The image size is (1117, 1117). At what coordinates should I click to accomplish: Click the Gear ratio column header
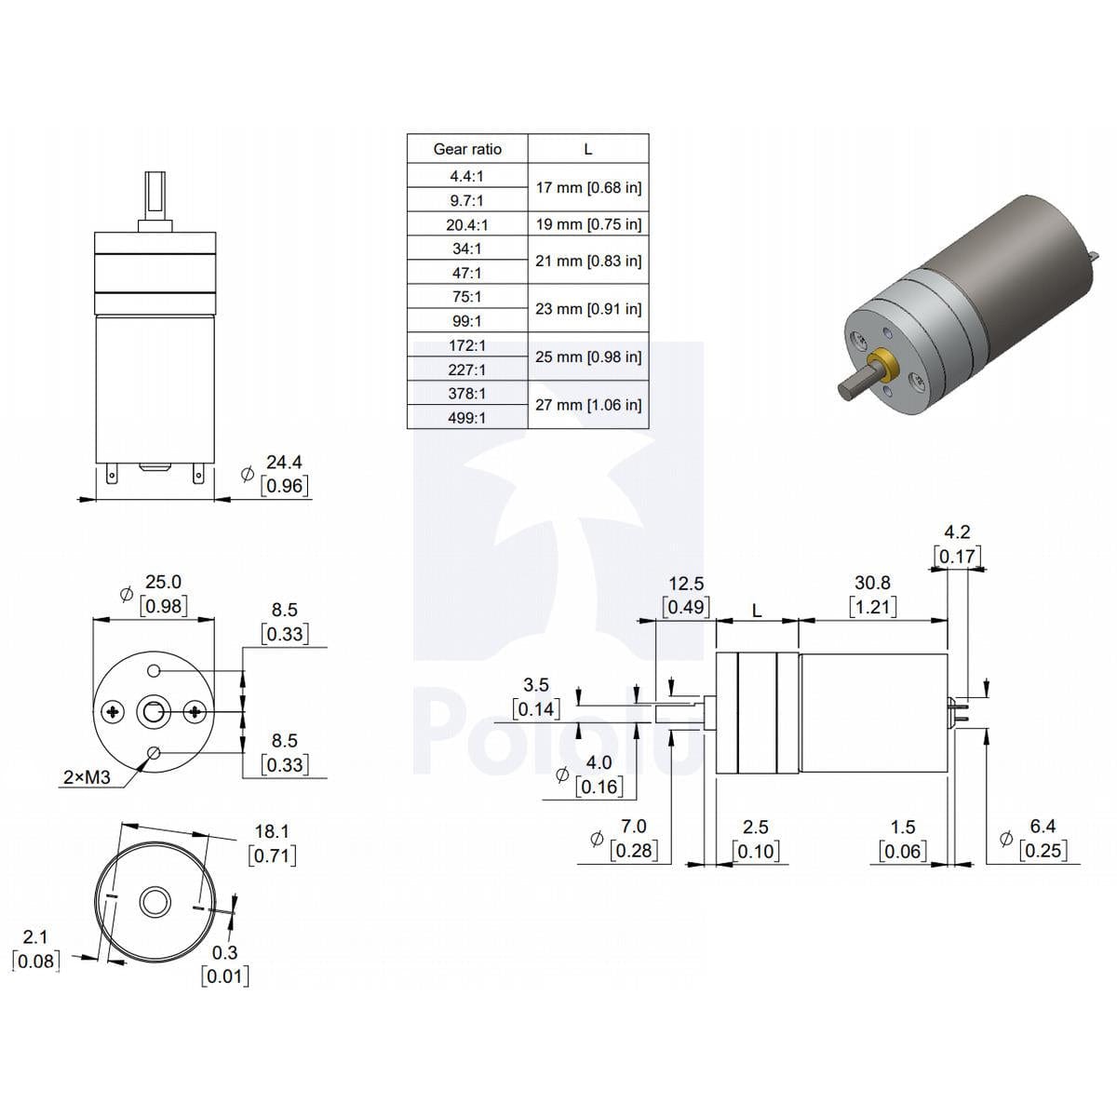coord(467,149)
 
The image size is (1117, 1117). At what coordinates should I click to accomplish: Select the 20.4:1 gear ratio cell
coord(467,224)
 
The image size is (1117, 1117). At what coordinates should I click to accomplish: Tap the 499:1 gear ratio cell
coord(467,417)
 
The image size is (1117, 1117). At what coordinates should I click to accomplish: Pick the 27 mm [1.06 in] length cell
coord(588,405)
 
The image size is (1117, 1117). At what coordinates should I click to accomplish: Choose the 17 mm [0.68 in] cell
coord(588,187)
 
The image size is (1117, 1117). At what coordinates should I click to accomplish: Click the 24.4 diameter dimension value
coord(284,462)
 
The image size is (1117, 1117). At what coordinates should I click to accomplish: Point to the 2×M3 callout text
coord(87,777)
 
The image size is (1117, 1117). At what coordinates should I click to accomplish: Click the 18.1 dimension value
coord(272,831)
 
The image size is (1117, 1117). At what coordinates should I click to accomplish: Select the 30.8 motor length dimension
coord(872,583)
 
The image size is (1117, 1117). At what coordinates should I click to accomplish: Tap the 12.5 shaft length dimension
coord(686,583)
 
